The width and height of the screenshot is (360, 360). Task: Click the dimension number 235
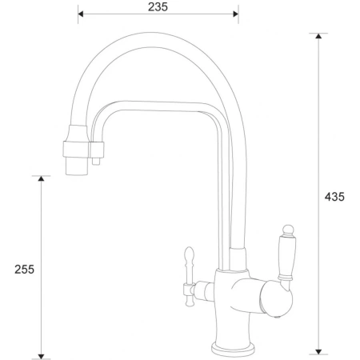158,6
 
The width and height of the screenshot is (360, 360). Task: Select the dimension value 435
336,197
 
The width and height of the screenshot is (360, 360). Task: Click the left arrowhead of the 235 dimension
82,14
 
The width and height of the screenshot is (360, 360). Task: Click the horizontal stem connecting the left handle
202,286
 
